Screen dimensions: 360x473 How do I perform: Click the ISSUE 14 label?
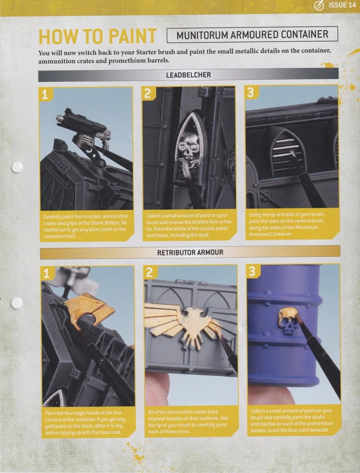tap(342, 5)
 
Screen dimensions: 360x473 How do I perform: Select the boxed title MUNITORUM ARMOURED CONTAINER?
tap(252, 35)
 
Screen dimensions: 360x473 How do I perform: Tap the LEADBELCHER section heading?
tap(188, 75)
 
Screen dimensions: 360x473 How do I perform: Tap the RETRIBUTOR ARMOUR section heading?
tap(190, 252)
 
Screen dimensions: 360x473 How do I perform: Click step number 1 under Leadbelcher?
tap(45, 95)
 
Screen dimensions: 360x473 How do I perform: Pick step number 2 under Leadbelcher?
tap(148, 94)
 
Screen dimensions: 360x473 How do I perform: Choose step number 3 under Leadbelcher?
tap(251, 92)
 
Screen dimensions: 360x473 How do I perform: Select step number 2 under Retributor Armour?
tap(149, 273)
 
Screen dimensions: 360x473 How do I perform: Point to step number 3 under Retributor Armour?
tap(252, 272)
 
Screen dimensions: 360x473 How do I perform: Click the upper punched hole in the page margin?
tap(17, 167)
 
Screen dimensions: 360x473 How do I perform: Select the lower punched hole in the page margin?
tap(17, 303)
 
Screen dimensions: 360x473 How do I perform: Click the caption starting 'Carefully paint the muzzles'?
tap(85, 226)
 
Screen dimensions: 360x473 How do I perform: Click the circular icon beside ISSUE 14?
tap(319, 6)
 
